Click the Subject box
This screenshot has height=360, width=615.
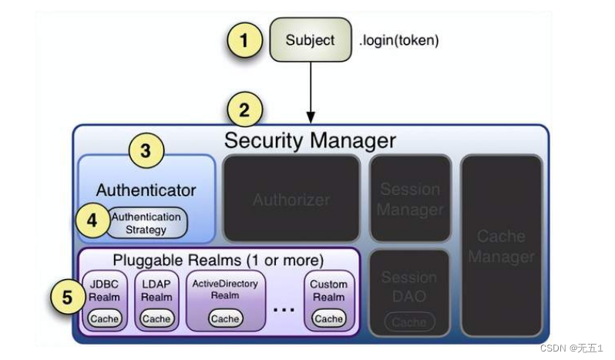[310, 40]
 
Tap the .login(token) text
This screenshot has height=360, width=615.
[398, 41]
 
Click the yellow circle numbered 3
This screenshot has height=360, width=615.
[146, 150]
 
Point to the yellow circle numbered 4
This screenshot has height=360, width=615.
[92, 220]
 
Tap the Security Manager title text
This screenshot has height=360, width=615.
[310, 140]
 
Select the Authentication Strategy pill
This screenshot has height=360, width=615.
[146, 223]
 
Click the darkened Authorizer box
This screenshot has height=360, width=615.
[291, 199]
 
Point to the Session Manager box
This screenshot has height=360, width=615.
[409, 199]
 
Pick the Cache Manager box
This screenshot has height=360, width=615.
[501, 245]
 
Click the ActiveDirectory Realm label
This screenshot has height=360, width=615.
[225, 289]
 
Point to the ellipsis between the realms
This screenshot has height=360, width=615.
[284, 309]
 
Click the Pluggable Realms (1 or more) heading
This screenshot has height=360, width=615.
[218, 260]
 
